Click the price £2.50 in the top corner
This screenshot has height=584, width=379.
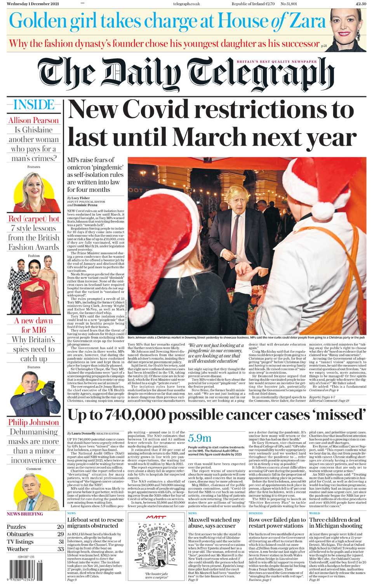[361, 4]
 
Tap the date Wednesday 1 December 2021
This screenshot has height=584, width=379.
[33, 4]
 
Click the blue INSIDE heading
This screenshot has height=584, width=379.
[34, 105]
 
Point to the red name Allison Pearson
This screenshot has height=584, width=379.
[34, 120]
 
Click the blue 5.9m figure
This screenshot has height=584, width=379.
[200, 438]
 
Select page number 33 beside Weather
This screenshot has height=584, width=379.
[61, 549]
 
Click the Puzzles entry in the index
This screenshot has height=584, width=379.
[16, 527]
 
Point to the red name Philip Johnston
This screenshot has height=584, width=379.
[34, 422]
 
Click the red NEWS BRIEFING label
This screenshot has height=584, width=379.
[25, 514]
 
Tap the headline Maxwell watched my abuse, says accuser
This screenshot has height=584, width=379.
[214, 523]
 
